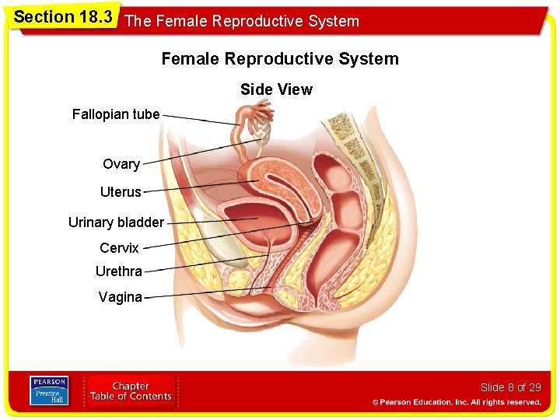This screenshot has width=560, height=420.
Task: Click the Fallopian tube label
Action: pyautogui.click(x=116, y=114)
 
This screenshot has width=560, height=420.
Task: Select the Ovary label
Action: pyautogui.click(x=121, y=164)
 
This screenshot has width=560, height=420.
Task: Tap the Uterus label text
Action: pyautogui.click(x=121, y=191)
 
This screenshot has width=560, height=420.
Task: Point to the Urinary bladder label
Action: pyautogui.click(x=116, y=222)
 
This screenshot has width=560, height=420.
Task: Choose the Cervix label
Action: pyautogui.click(x=119, y=248)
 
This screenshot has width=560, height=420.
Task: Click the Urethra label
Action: pyautogui.click(x=118, y=271)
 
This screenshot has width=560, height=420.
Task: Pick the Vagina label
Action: pyautogui.click(x=120, y=296)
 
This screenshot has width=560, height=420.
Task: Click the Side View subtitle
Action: pyautogui.click(x=276, y=89)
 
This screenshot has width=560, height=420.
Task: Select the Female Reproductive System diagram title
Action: pyautogui.click(x=280, y=59)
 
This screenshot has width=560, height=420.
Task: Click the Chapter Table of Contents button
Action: pyautogui.click(x=131, y=391)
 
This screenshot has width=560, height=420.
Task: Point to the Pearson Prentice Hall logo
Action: pyautogui.click(x=49, y=390)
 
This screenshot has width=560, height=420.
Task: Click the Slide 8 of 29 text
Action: pyautogui.click(x=510, y=387)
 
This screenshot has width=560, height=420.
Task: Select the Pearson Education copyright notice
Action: pyautogui.click(x=457, y=402)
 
